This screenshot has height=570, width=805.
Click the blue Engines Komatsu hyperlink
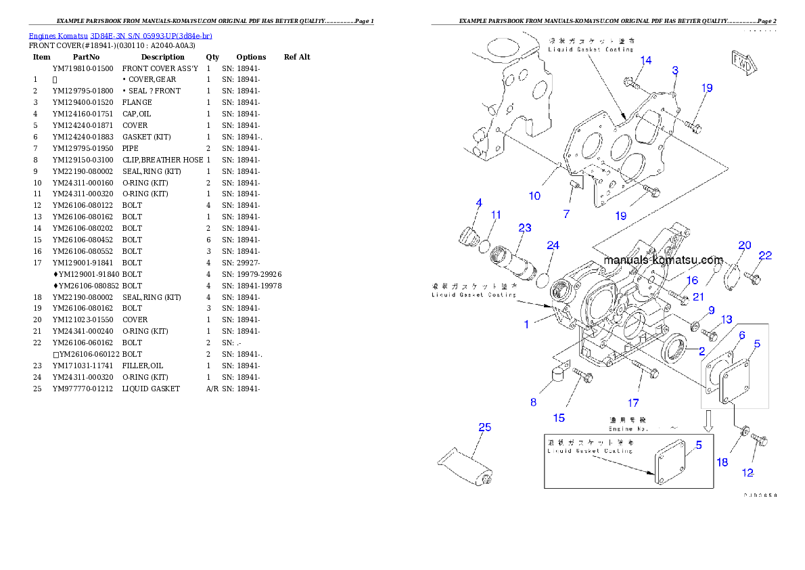pos(120,35)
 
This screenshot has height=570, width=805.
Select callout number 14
pos(646,60)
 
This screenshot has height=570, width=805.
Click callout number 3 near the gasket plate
pos(675,70)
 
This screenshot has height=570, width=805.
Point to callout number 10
pos(534,196)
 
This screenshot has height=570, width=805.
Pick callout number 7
pos(566,214)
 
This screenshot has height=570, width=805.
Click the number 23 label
pos(524,228)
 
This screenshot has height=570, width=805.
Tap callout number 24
pos(553,245)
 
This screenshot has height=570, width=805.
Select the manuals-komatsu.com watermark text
pos(663,260)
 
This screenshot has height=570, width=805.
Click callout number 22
pos(764,255)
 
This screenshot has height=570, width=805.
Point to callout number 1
pos(526,324)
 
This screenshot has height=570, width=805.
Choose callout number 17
pos(632,403)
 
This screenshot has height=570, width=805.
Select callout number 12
pos(748,473)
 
